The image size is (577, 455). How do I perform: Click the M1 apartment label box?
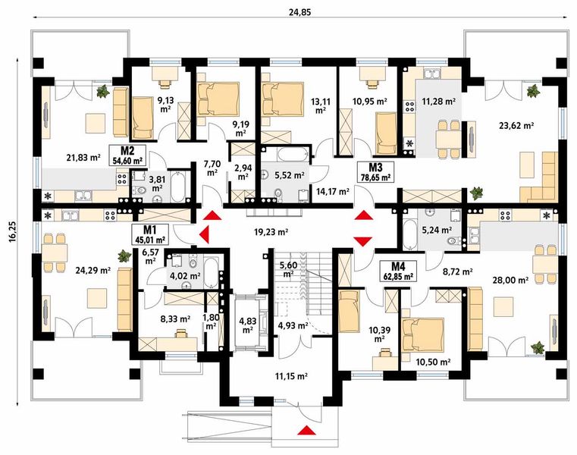149,234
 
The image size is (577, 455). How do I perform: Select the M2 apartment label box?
127,155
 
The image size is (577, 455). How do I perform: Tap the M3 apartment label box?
376,172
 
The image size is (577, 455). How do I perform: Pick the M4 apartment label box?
399,271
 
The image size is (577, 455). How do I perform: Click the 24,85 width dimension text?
300,12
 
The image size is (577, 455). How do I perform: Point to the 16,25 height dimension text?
13,232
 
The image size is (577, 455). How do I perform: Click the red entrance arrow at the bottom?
306,430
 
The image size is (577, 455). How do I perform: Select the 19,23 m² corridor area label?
271,232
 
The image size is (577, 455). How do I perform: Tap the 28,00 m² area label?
511,281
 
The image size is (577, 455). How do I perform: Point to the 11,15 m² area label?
291,376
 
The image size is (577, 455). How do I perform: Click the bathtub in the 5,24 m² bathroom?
409,234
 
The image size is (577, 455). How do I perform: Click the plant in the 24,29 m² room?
124,256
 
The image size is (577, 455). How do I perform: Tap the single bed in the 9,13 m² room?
142,118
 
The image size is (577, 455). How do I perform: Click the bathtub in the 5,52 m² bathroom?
293,154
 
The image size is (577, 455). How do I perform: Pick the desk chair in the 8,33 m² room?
180,334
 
